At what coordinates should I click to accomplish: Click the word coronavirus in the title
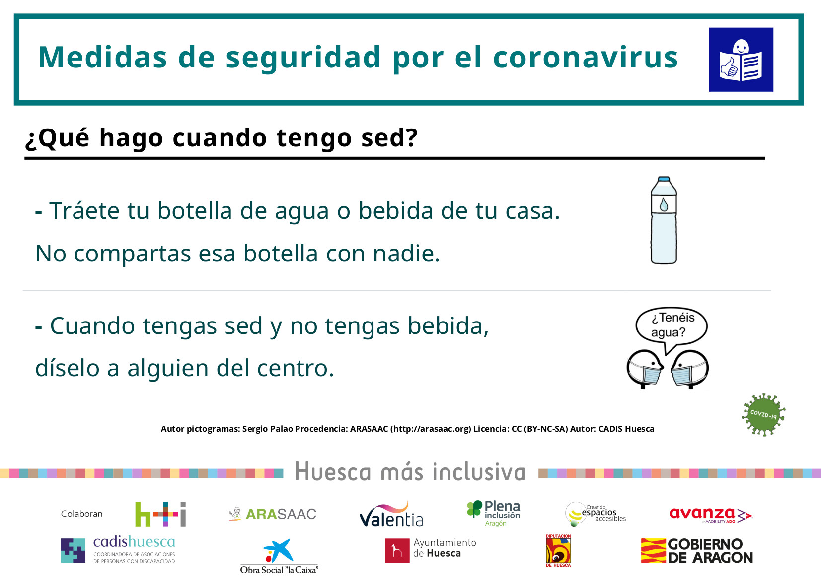(x=586, y=58)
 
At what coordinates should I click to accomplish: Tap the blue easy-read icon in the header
(x=741, y=60)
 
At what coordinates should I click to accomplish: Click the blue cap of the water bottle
(x=664, y=180)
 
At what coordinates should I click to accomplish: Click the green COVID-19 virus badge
(x=763, y=414)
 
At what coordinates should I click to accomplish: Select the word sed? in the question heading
(x=389, y=138)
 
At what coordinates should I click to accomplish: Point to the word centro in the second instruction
(x=296, y=368)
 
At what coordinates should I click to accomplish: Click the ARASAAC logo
(x=272, y=514)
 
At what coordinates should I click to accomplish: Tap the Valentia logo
(x=391, y=515)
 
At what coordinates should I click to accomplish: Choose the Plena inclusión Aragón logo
(x=493, y=514)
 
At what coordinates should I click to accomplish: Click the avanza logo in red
(x=711, y=515)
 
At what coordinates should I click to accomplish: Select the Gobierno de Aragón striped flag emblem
(x=654, y=550)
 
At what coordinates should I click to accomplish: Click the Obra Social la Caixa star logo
(x=279, y=550)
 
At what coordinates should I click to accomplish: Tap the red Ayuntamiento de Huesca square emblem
(x=397, y=550)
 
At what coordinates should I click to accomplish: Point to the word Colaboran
(x=82, y=514)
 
